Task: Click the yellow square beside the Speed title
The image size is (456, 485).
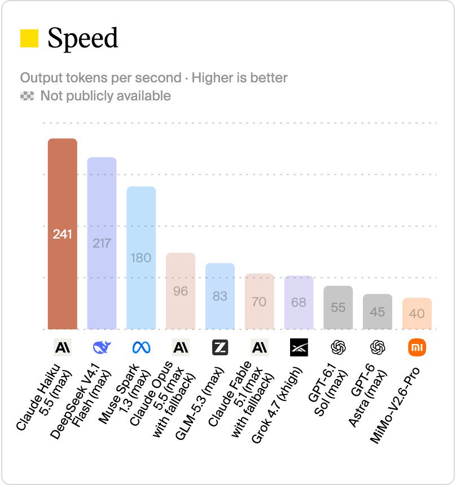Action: click(29, 38)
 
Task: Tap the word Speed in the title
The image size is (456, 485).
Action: click(82, 39)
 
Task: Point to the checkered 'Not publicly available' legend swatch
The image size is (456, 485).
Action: click(27, 96)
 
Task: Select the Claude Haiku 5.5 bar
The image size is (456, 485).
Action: click(63, 234)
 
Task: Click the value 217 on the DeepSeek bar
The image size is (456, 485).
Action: click(102, 243)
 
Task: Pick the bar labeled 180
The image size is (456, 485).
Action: click(141, 258)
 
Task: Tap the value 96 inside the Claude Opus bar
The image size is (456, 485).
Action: click(181, 291)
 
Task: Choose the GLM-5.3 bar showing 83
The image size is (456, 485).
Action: click(220, 296)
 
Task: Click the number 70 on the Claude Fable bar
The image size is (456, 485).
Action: click(259, 302)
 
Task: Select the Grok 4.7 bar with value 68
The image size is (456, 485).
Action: click(299, 302)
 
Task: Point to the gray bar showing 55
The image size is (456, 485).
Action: click(338, 308)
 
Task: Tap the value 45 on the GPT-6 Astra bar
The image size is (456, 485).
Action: click(378, 312)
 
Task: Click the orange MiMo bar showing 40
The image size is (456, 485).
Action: click(417, 314)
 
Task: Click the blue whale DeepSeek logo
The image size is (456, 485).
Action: click(102, 347)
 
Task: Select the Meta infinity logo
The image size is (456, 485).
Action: click(142, 347)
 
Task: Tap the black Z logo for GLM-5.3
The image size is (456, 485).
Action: click(220, 347)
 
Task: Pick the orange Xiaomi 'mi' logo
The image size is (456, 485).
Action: click(417, 347)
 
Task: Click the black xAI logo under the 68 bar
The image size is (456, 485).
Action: click(299, 347)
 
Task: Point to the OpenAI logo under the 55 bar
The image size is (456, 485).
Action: click(338, 347)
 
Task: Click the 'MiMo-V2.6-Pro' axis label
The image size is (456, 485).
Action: click(395, 405)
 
